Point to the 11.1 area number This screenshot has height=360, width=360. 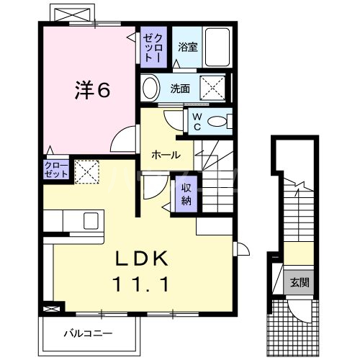click(x=140, y=285)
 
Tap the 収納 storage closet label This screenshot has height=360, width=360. click(x=186, y=193)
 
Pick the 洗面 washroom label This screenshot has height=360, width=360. click(x=180, y=89)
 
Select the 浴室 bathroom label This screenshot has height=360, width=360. click(x=189, y=48)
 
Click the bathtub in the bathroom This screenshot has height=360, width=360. click(x=217, y=45)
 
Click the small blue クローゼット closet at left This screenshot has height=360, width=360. click(x=55, y=170)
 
